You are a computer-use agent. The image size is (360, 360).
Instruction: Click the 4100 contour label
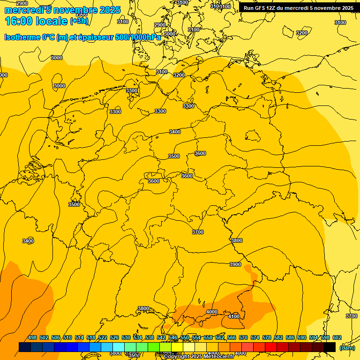pyautogui.click(x=233, y=316)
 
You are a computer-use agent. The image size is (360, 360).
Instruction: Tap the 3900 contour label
pyautogui.click(x=235, y=264)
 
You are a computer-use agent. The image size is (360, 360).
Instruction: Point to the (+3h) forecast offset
pyautogui.click(x=79, y=21)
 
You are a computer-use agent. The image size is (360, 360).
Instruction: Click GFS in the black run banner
pyautogui.click(x=260, y=8)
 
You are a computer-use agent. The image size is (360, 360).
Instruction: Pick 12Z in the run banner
pyautogui.click(x=273, y=8)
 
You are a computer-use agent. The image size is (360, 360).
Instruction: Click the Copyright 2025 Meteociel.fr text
pyautogui.click(x=205, y=357)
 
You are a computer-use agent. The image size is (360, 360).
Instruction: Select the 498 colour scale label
pyautogui.click(x=32, y=337)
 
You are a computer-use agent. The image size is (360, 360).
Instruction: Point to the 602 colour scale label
pyautogui.click(x=337, y=337)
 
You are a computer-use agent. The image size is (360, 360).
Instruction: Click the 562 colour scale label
pyautogui.click(x=220, y=337)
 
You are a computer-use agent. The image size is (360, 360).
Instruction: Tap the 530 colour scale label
pyautogui.click(x=126, y=337)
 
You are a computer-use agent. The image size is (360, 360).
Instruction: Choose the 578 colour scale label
pyautogui.click(x=267, y=337)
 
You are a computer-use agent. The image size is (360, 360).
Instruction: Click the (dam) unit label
pyautogui.click(x=347, y=348)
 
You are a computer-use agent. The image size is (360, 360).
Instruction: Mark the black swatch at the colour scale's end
pyautogui.click(x=330, y=347)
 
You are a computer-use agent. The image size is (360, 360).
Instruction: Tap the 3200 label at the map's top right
pyautogui.click(x=302, y=33)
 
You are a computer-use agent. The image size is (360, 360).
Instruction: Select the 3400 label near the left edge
pyautogui.click(x=28, y=241)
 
